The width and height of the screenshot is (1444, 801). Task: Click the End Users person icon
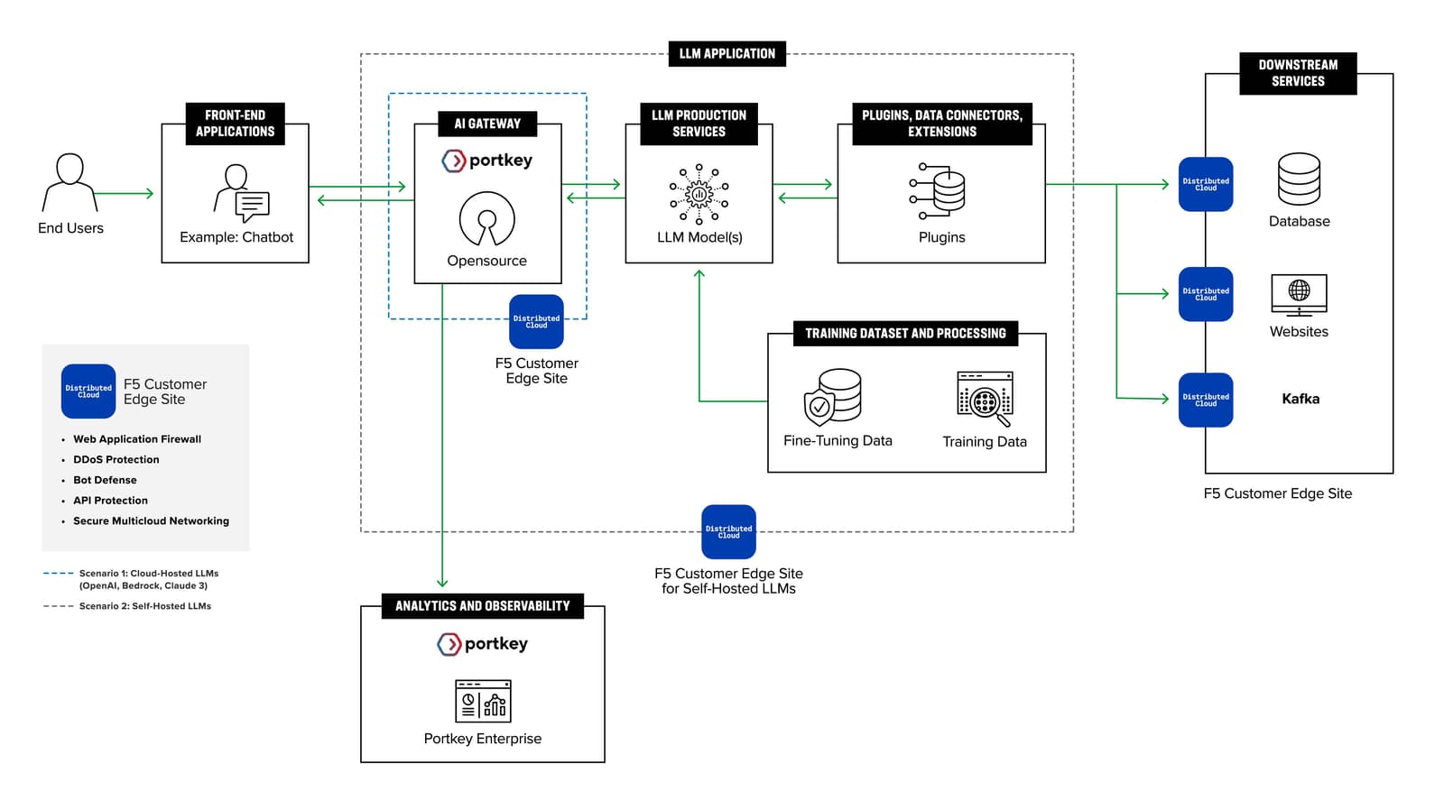[69, 182]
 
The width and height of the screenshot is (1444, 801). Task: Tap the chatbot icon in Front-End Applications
[242, 193]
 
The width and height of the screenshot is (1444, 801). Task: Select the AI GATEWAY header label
[487, 124]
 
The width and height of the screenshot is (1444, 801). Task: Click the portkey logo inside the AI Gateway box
[487, 161]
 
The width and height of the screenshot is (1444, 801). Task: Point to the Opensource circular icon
[487, 219]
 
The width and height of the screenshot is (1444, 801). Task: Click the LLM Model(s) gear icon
[699, 193]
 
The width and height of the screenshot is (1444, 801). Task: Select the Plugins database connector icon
[939, 191]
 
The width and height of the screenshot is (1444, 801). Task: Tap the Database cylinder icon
[1299, 179]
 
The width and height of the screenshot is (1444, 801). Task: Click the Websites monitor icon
[1299, 294]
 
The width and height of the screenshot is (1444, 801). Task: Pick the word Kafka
[1301, 399]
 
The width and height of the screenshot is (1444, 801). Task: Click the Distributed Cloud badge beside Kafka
[1206, 400]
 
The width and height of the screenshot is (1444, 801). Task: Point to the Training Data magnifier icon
[986, 399]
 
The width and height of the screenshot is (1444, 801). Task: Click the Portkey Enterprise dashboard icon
[483, 701]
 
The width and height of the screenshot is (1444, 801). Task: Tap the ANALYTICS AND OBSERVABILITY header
[482, 606]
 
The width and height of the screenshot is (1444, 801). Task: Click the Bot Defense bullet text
[105, 480]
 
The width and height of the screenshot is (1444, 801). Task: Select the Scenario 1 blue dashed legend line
[59, 573]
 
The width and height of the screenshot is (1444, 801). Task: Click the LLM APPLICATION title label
[727, 54]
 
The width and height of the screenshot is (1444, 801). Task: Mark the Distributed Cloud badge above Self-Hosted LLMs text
[728, 531]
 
